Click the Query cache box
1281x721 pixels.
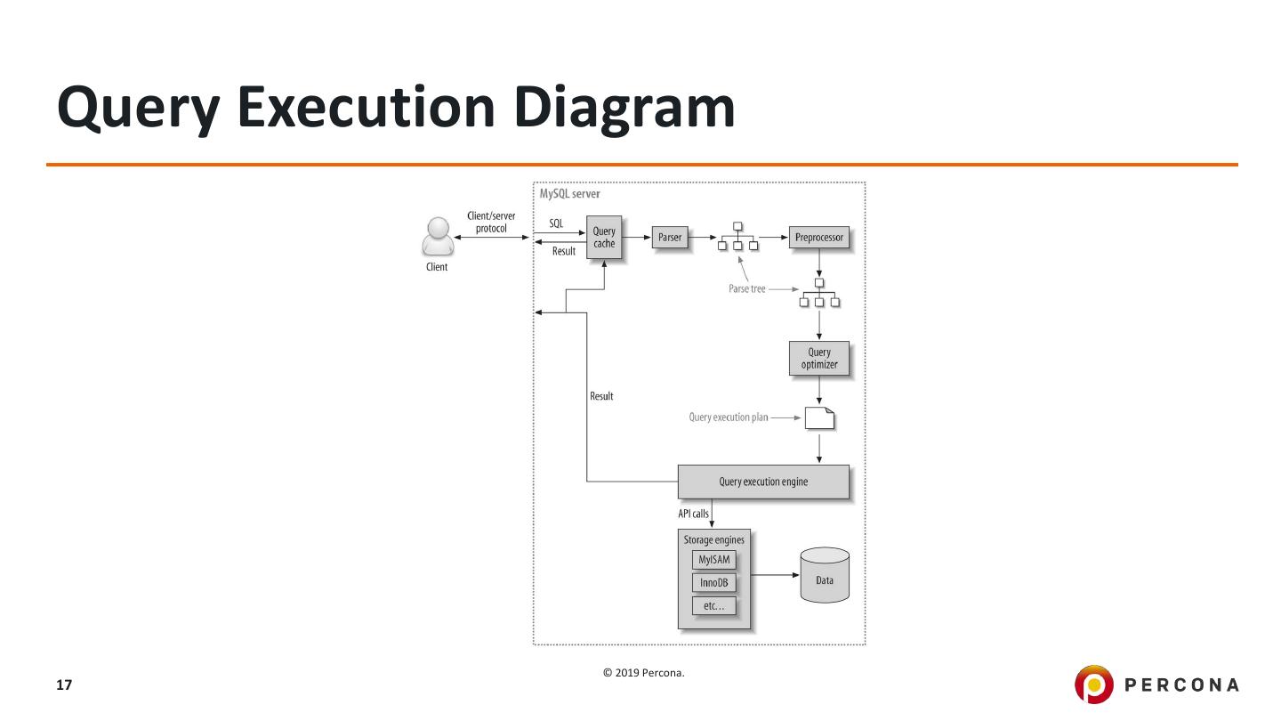[x=604, y=238]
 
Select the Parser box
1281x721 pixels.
[x=669, y=238]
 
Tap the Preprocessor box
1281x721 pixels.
[x=818, y=238]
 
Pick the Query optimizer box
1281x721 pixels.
[x=818, y=358]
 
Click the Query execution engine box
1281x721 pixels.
[x=763, y=482]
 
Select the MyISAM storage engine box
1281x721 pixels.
[x=714, y=561]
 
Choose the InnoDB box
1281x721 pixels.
[x=714, y=584]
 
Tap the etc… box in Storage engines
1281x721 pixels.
[x=714, y=606]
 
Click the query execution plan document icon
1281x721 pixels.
[x=819, y=417]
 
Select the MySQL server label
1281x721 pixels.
[x=570, y=194]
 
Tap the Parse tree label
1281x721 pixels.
[x=746, y=289]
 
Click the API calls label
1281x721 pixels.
[x=693, y=514]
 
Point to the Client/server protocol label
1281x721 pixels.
[x=491, y=223]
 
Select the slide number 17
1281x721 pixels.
[x=64, y=685]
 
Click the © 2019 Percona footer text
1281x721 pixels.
[x=644, y=673]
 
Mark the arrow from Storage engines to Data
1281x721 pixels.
[x=774, y=575]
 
